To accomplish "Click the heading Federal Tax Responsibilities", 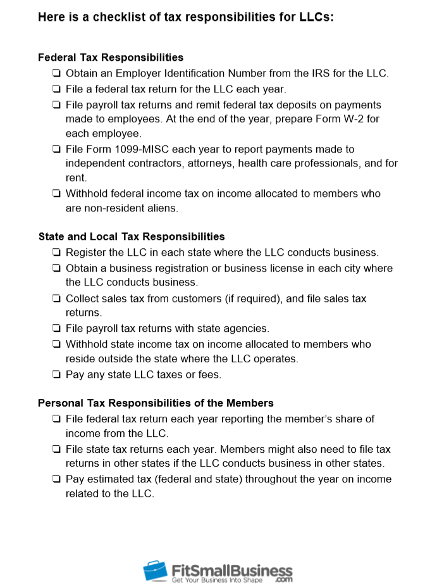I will tap(111, 58).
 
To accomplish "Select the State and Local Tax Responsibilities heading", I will tap(132, 237).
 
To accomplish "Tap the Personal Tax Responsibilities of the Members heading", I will tap(156, 403).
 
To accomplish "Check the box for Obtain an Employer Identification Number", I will tap(57, 73).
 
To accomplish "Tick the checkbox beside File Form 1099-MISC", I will tap(57, 149).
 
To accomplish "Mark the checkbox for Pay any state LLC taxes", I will tap(57, 375).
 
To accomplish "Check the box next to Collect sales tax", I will tap(57, 299).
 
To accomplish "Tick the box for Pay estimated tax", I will tap(57, 479).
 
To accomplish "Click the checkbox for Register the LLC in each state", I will tap(57, 252).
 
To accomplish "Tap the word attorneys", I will tap(197, 163).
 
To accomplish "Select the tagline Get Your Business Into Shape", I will tap(218, 580).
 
